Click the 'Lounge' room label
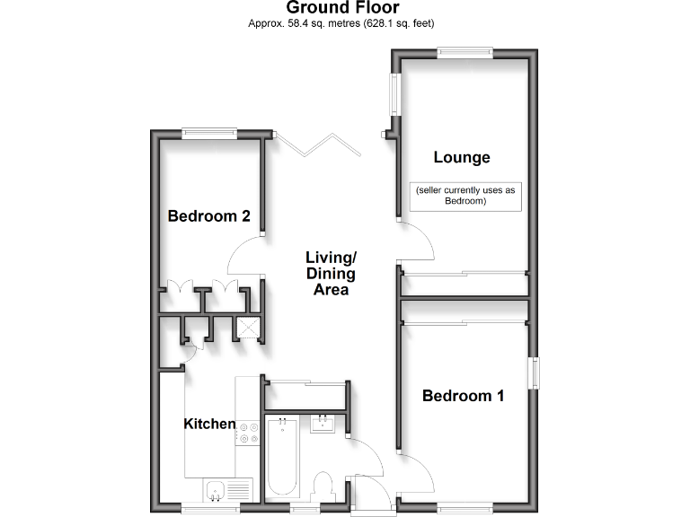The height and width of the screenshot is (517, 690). tap(462, 158)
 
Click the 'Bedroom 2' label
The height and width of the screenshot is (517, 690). tap(208, 216)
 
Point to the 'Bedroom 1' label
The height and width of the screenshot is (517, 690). tap(463, 396)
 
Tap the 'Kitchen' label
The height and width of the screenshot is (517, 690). tap(209, 424)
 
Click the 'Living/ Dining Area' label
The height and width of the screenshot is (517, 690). tap(331, 273)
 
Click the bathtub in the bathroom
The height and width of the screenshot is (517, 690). tap(281, 457)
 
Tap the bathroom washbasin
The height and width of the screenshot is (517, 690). tap(323, 423)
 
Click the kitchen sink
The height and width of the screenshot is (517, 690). tap(215, 490)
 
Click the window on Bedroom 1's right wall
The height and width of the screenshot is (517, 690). tap(534, 373)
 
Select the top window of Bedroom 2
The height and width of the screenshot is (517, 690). tap(209, 134)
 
